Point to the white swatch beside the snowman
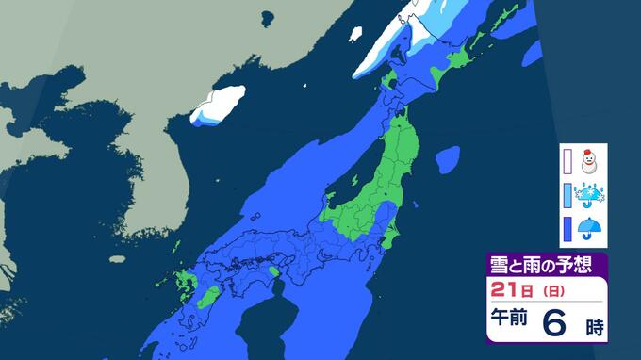pyautogui.click(x=568, y=161)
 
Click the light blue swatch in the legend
pyautogui.click(x=568, y=196)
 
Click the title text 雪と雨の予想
pyautogui.click(x=538, y=263)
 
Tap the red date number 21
pyautogui.click(x=502, y=286)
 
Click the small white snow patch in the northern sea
pyautogui.click(x=356, y=34)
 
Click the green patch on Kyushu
pyautogui.click(x=183, y=281)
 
